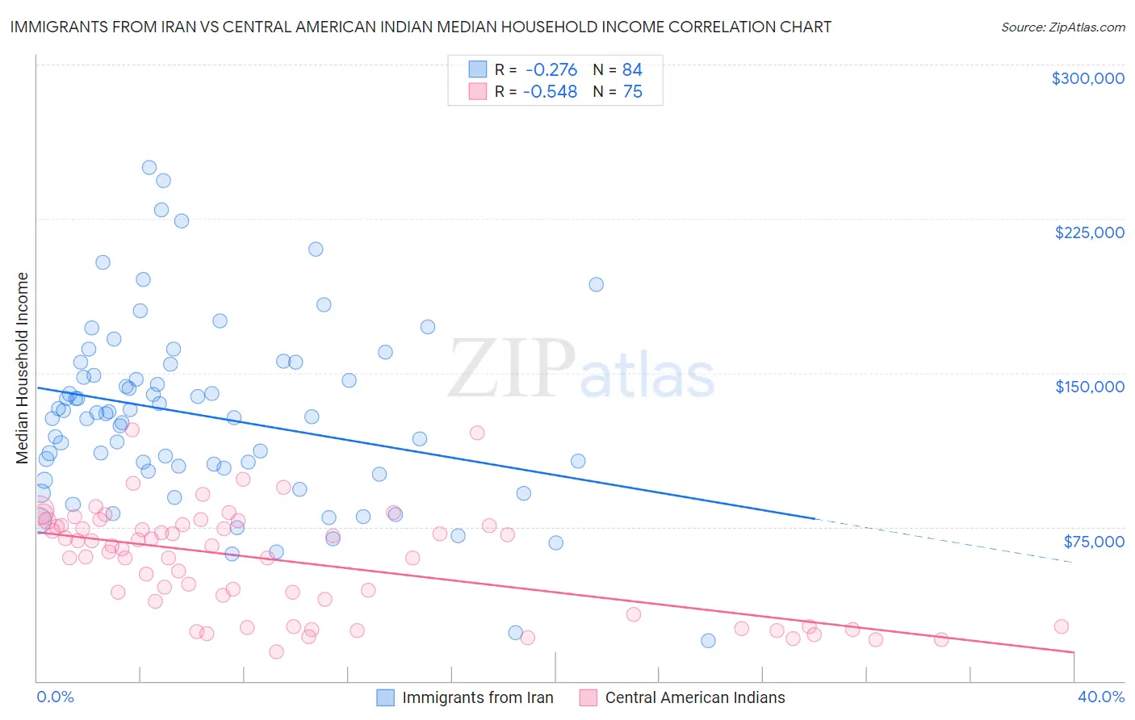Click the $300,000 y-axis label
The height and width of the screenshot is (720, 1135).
point(1087,78)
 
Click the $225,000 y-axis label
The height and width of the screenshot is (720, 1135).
point(1089,232)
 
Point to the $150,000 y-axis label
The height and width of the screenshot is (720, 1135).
point(1089,387)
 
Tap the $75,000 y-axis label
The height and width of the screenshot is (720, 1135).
point(1093,541)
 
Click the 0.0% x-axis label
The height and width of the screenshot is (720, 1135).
point(55,697)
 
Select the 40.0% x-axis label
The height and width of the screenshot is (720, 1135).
point(1100,697)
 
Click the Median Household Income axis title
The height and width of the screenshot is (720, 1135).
point(23,368)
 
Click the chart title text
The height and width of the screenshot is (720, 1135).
point(420,27)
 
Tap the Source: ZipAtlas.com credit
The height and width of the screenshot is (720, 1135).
point(1062,27)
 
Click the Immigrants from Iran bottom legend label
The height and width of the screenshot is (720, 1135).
point(477,697)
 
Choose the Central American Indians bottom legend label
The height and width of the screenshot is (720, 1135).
point(694,697)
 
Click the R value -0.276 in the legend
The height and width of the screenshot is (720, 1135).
point(551,69)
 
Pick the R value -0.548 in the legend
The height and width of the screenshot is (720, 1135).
point(550,92)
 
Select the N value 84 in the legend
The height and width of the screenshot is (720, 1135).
point(632,69)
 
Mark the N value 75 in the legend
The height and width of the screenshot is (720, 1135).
point(632,92)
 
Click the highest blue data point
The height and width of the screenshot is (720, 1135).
point(149,168)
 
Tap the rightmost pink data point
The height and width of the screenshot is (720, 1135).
point(1062,626)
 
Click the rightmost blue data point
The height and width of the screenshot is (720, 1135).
point(708,641)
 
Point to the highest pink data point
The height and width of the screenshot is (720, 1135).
point(132,429)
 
